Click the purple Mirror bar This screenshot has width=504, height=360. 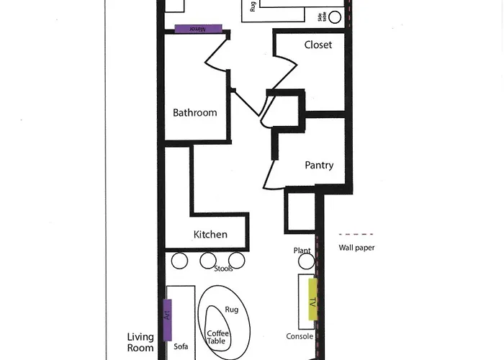tap(198, 29)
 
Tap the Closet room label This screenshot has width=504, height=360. tap(318, 45)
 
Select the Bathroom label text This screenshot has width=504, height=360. tap(195, 112)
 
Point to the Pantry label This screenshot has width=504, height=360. tap(319, 165)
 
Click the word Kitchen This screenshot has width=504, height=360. tap(210, 234)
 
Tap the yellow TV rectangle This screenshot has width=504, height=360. tap(312, 300)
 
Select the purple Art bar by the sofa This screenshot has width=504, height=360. tap(167, 320)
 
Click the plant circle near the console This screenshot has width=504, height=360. tap(306, 261)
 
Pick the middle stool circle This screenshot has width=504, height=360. tap(208, 261)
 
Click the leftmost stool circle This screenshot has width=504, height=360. tap(179, 261)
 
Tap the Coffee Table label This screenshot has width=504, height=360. tap(217, 337)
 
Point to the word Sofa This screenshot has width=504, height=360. tap(181, 346)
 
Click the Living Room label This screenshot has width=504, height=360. tap(140, 342)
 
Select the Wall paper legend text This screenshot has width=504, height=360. tap(356, 248)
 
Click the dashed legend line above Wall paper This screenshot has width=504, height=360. tap(356, 234)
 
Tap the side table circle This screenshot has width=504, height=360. tap(335, 17)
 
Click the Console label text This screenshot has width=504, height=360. tap(300, 336)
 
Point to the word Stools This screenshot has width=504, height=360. tap(223, 269)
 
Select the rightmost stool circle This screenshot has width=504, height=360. tap(237, 261)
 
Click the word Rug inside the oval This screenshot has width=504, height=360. tap(231, 310)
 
